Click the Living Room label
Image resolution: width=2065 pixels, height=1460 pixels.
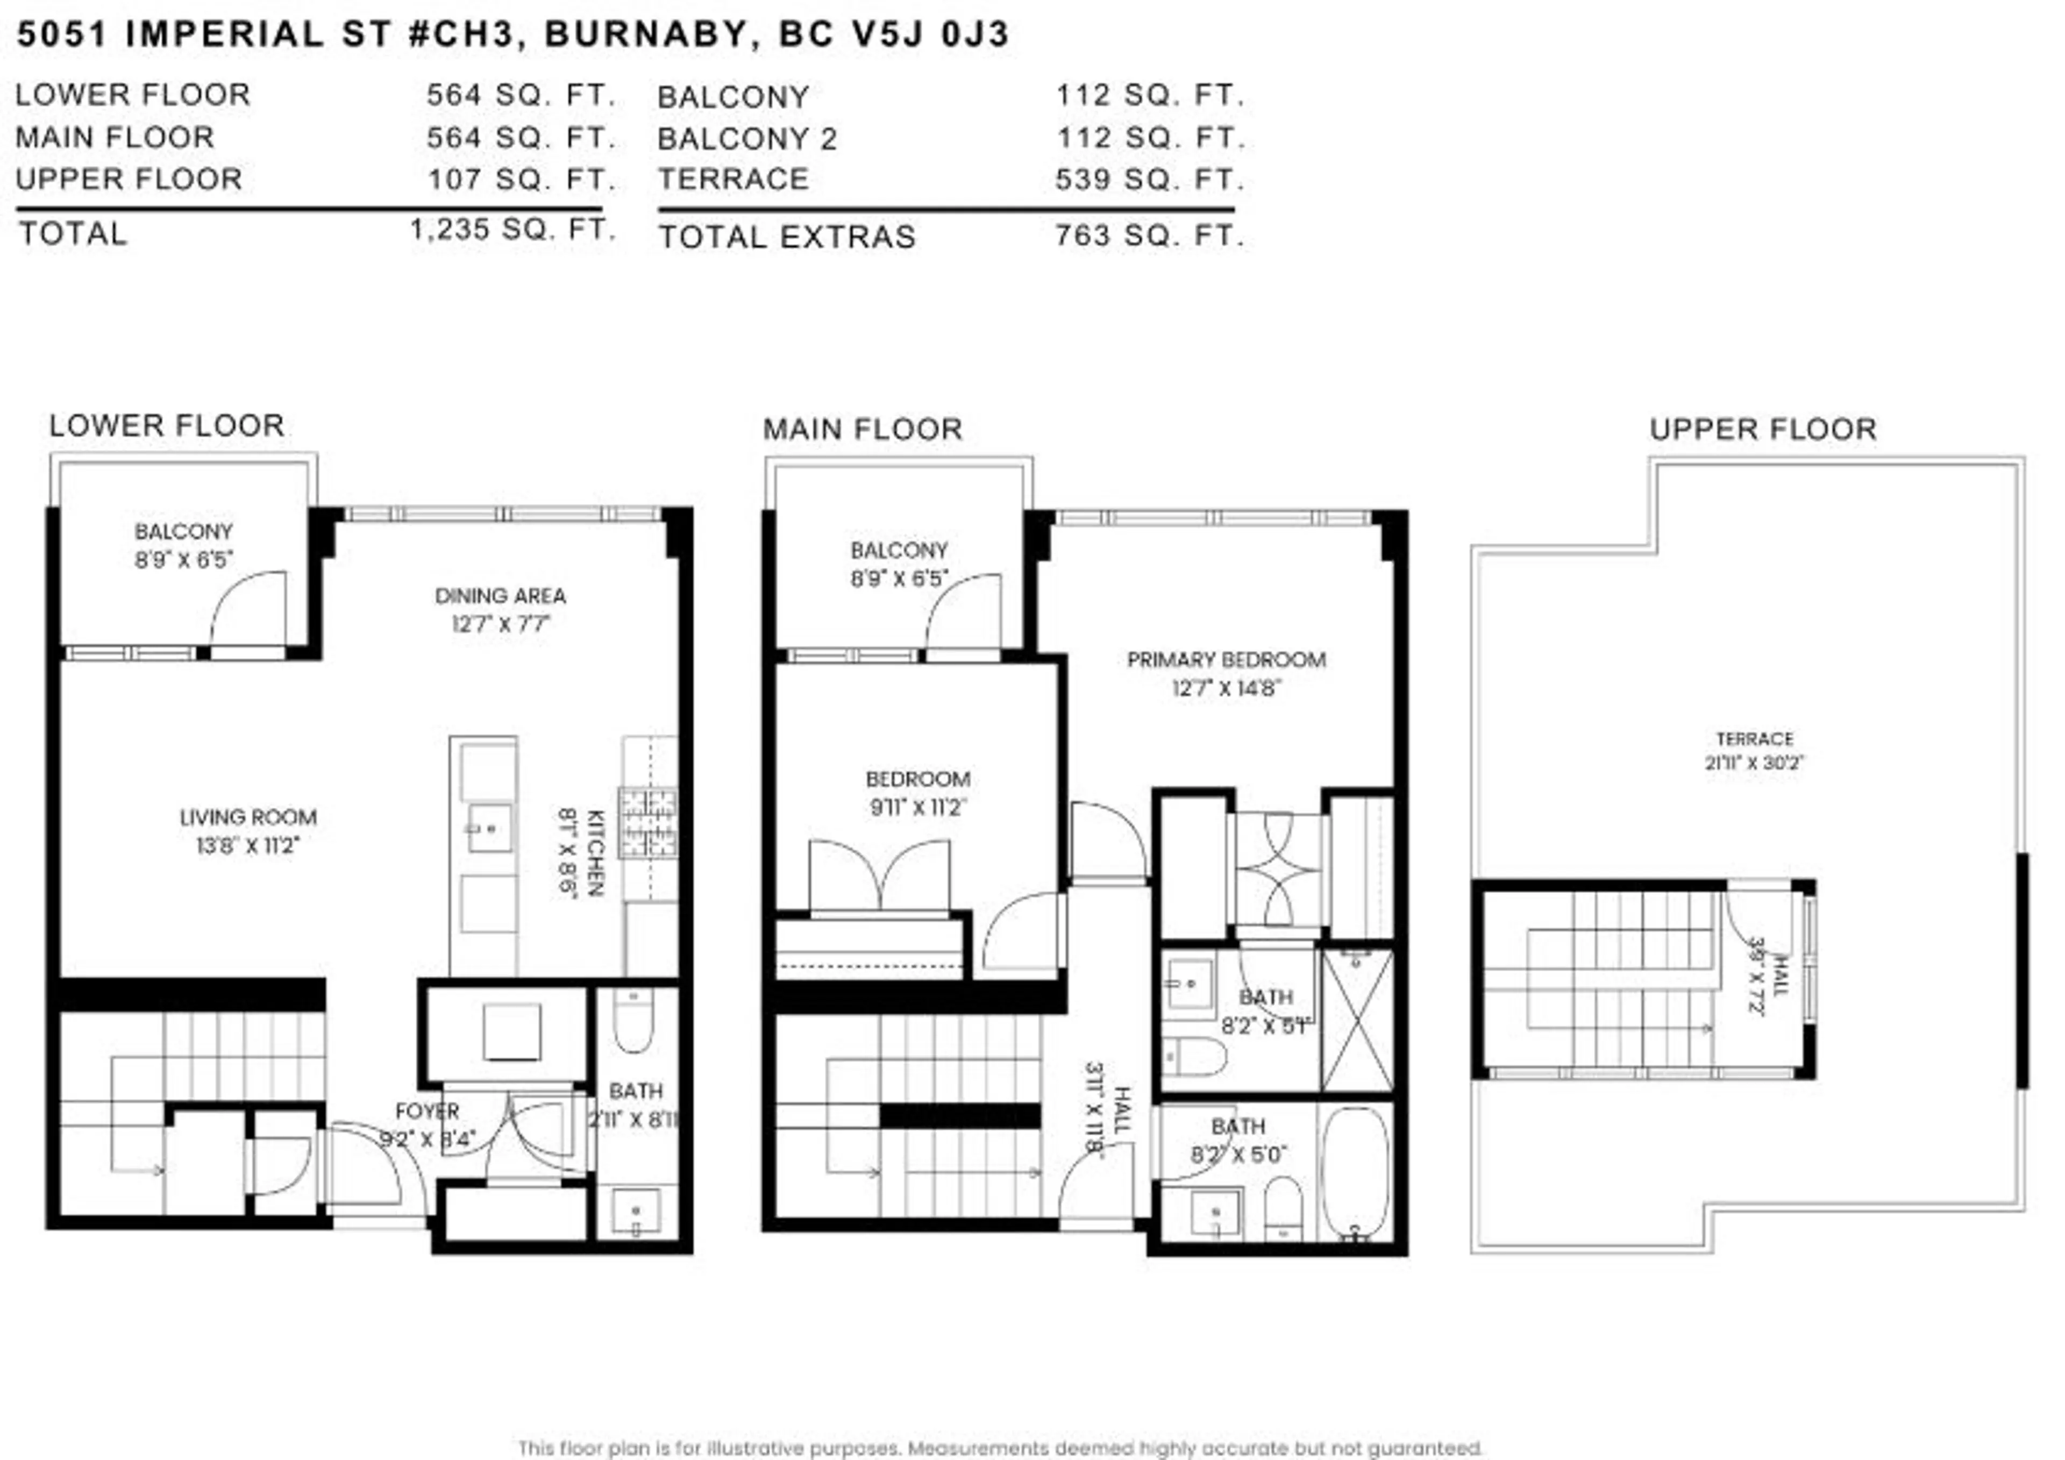pyautogui.click(x=248, y=817)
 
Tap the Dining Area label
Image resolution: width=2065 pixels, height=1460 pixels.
pyautogui.click(x=500, y=595)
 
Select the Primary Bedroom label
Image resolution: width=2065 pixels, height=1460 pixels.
pyautogui.click(x=1226, y=659)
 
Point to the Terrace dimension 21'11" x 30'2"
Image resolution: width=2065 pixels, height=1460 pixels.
pyautogui.click(x=1754, y=763)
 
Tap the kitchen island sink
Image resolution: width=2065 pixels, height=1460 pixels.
pyautogui.click(x=489, y=828)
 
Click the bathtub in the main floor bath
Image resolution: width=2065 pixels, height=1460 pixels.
pyautogui.click(x=1355, y=1174)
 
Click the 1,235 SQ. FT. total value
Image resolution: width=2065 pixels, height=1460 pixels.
pyautogui.click(x=512, y=230)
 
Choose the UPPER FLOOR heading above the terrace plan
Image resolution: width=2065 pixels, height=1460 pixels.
pyautogui.click(x=1763, y=429)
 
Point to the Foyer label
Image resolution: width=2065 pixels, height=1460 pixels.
pyautogui.click(x=427, y=1111)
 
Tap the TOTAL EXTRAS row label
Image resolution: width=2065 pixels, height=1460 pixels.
pyautogui.click(x=787, y=237)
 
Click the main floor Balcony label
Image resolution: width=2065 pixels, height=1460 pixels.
pyautogui.click(x=899, y=550)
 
